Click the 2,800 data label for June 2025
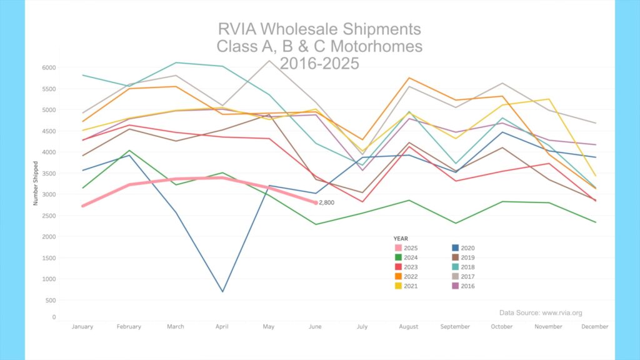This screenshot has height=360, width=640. pos(327,202)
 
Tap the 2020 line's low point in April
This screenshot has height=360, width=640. pos(222,291)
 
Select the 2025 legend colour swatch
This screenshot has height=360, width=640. pos(398,248)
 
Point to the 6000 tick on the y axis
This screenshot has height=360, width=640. pos(49,67)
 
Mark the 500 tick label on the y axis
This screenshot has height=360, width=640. pos(51,301)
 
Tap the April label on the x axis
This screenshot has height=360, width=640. pos(222,326)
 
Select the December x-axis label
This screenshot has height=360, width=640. pos(595,326)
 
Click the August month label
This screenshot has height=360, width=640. pos(409,326)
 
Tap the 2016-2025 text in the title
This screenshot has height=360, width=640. pos(319,63)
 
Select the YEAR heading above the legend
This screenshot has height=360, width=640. pos(401,239)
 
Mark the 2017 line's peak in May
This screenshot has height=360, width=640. pos(269,61)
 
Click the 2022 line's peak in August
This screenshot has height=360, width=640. pos(409,78)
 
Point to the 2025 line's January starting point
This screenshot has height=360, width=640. pos(83,206)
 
